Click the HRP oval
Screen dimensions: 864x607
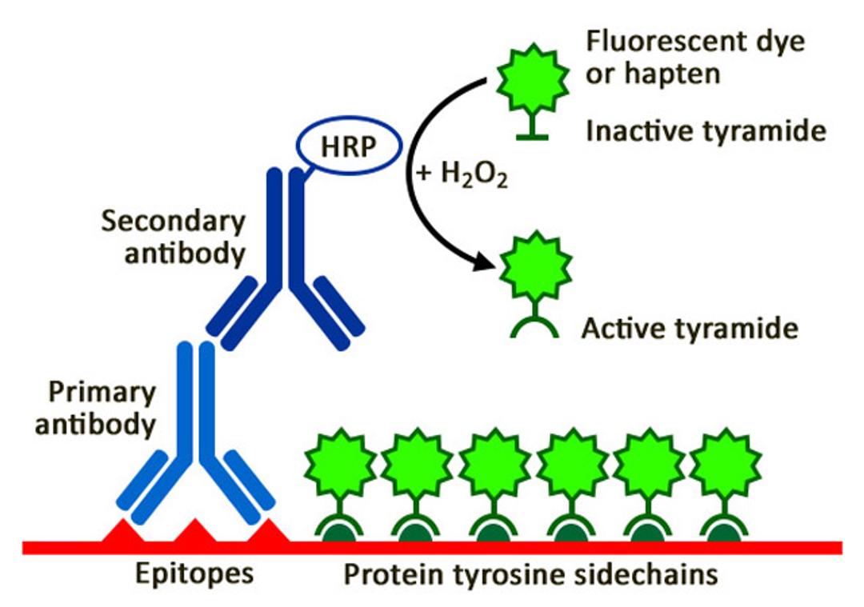(349, 146)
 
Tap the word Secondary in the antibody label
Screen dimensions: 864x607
(174, 222)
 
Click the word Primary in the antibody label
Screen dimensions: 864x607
(102, 393)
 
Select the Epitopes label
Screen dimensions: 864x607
(194, 574)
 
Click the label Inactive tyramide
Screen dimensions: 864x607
(706, 132)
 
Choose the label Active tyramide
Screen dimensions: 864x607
(690, 329)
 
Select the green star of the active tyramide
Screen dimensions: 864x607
(535, 266)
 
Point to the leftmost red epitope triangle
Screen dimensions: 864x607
(122, 531)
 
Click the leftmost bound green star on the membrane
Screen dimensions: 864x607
(341, 464)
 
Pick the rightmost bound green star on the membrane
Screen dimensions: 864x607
(726, 464)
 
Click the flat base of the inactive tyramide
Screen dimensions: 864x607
(532, 137)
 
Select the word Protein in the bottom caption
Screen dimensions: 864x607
(394, 574)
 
